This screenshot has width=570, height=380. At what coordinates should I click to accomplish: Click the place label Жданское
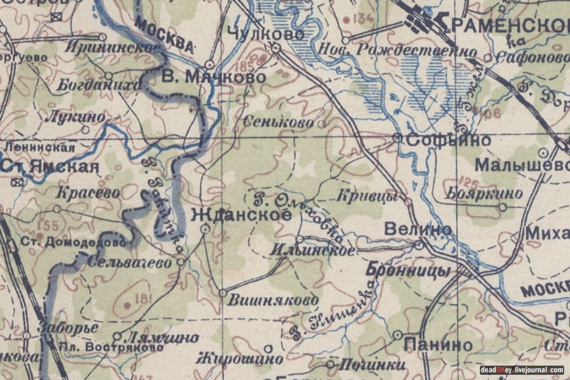[x=241, y=215]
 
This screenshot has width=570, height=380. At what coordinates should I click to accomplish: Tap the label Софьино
[x=448, y=140]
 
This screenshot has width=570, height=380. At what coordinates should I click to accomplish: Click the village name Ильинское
[x=312, y=251]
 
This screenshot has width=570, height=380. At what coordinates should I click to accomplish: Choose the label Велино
[x=418, y=229]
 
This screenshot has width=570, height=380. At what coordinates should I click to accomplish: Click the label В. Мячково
[x=213, y=77]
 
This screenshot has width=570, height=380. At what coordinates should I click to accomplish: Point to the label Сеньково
[x=282, y=120]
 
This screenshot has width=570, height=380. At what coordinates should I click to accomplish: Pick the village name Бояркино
[x=484, y=193]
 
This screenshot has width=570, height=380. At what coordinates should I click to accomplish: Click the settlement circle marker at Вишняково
[x=222, y=293]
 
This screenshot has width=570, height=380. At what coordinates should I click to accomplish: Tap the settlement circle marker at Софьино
[x=396, y=137]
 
